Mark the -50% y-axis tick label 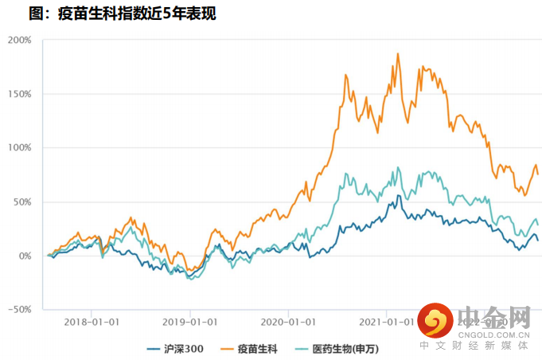pos(20,310)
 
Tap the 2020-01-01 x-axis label pos(287,323)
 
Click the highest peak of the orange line pos(397,53)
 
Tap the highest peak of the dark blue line pos(398,195)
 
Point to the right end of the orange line pos(538,174)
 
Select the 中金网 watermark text pos(494,317)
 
